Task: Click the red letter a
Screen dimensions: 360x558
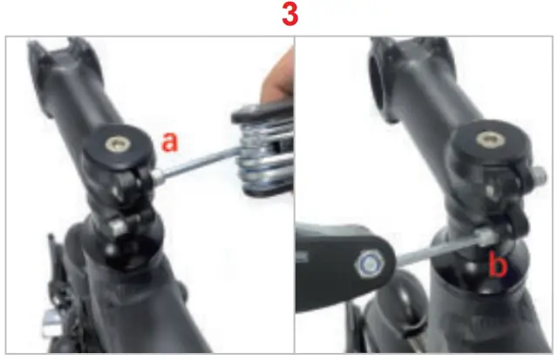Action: pos(171,142)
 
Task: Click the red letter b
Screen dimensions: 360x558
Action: pos(496,264)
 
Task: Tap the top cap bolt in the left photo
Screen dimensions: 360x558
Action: pos(114,141)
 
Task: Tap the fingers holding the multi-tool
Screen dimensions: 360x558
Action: pos(277,78)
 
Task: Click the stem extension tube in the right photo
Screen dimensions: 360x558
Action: pos(436,96)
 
